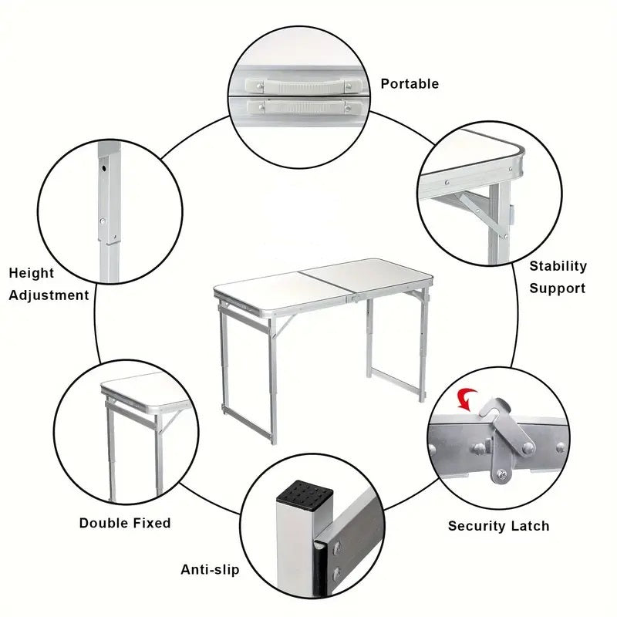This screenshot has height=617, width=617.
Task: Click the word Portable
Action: pyautogui.click(x=409, y=83)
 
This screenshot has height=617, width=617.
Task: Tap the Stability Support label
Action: pyautogui.click(x=557, y=277)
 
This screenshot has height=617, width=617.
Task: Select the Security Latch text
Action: pyautogui.click(x=498, y=526)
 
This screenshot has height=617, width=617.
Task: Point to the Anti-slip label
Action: pyautogui.click(x=210, y=570)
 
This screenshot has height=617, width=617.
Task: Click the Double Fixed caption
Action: pyautogui.click(x=125, y=523)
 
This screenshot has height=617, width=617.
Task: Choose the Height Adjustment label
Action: pyautogui.click(x=49, y=284)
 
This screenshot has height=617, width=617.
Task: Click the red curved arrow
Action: pyautogui.click(x=467, y=398)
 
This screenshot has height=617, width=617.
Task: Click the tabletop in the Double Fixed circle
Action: pyautogui.click(x=143, y=385)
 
